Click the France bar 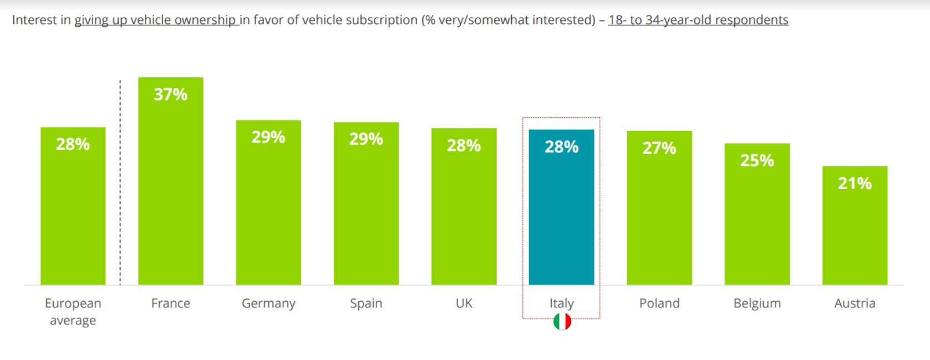171,181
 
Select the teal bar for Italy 561,207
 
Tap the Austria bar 855,225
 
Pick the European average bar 73,206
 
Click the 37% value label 171,95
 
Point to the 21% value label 855,184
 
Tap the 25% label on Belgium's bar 758,161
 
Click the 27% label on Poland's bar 659,148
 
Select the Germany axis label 268,303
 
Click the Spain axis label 366,303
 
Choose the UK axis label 464,303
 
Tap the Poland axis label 659,303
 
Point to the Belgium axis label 758,303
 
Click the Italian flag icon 562,321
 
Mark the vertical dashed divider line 120,182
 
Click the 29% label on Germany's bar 268,137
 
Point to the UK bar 464,207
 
